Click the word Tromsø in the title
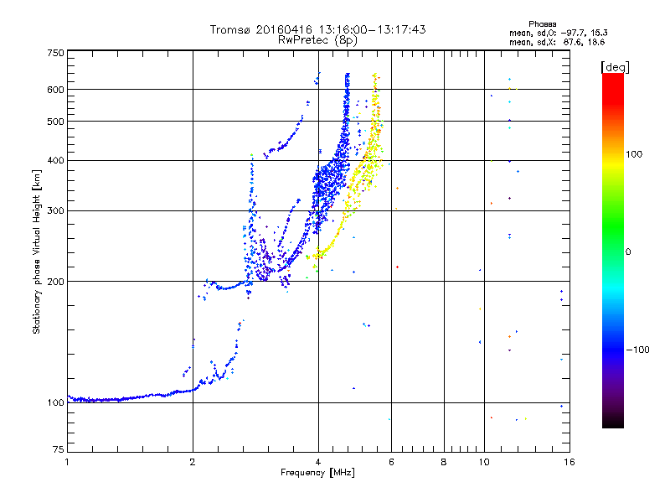(x=231, y=29)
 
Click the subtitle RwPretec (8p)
(x=317, y=40)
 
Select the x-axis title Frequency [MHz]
(x=317, y=473)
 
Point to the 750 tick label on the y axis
(x=55, y=53)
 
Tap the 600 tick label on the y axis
(x=55, y=90)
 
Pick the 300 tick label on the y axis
(x=55, y=211)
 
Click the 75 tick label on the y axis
(x=59, y=449)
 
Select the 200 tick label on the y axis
(x=55, y=282)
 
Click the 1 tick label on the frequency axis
(x=67, y=462)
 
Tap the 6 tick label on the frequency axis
(x=391, y=462)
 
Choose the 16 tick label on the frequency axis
(x=569, y=462)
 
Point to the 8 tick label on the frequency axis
(x=444, y=462)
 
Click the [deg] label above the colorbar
(x=615, y=68)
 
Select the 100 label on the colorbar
(x=634, y=154)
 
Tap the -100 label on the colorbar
(x=637, y=350)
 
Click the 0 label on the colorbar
(x=628, y=252)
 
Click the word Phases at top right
(x=542, y=24)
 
